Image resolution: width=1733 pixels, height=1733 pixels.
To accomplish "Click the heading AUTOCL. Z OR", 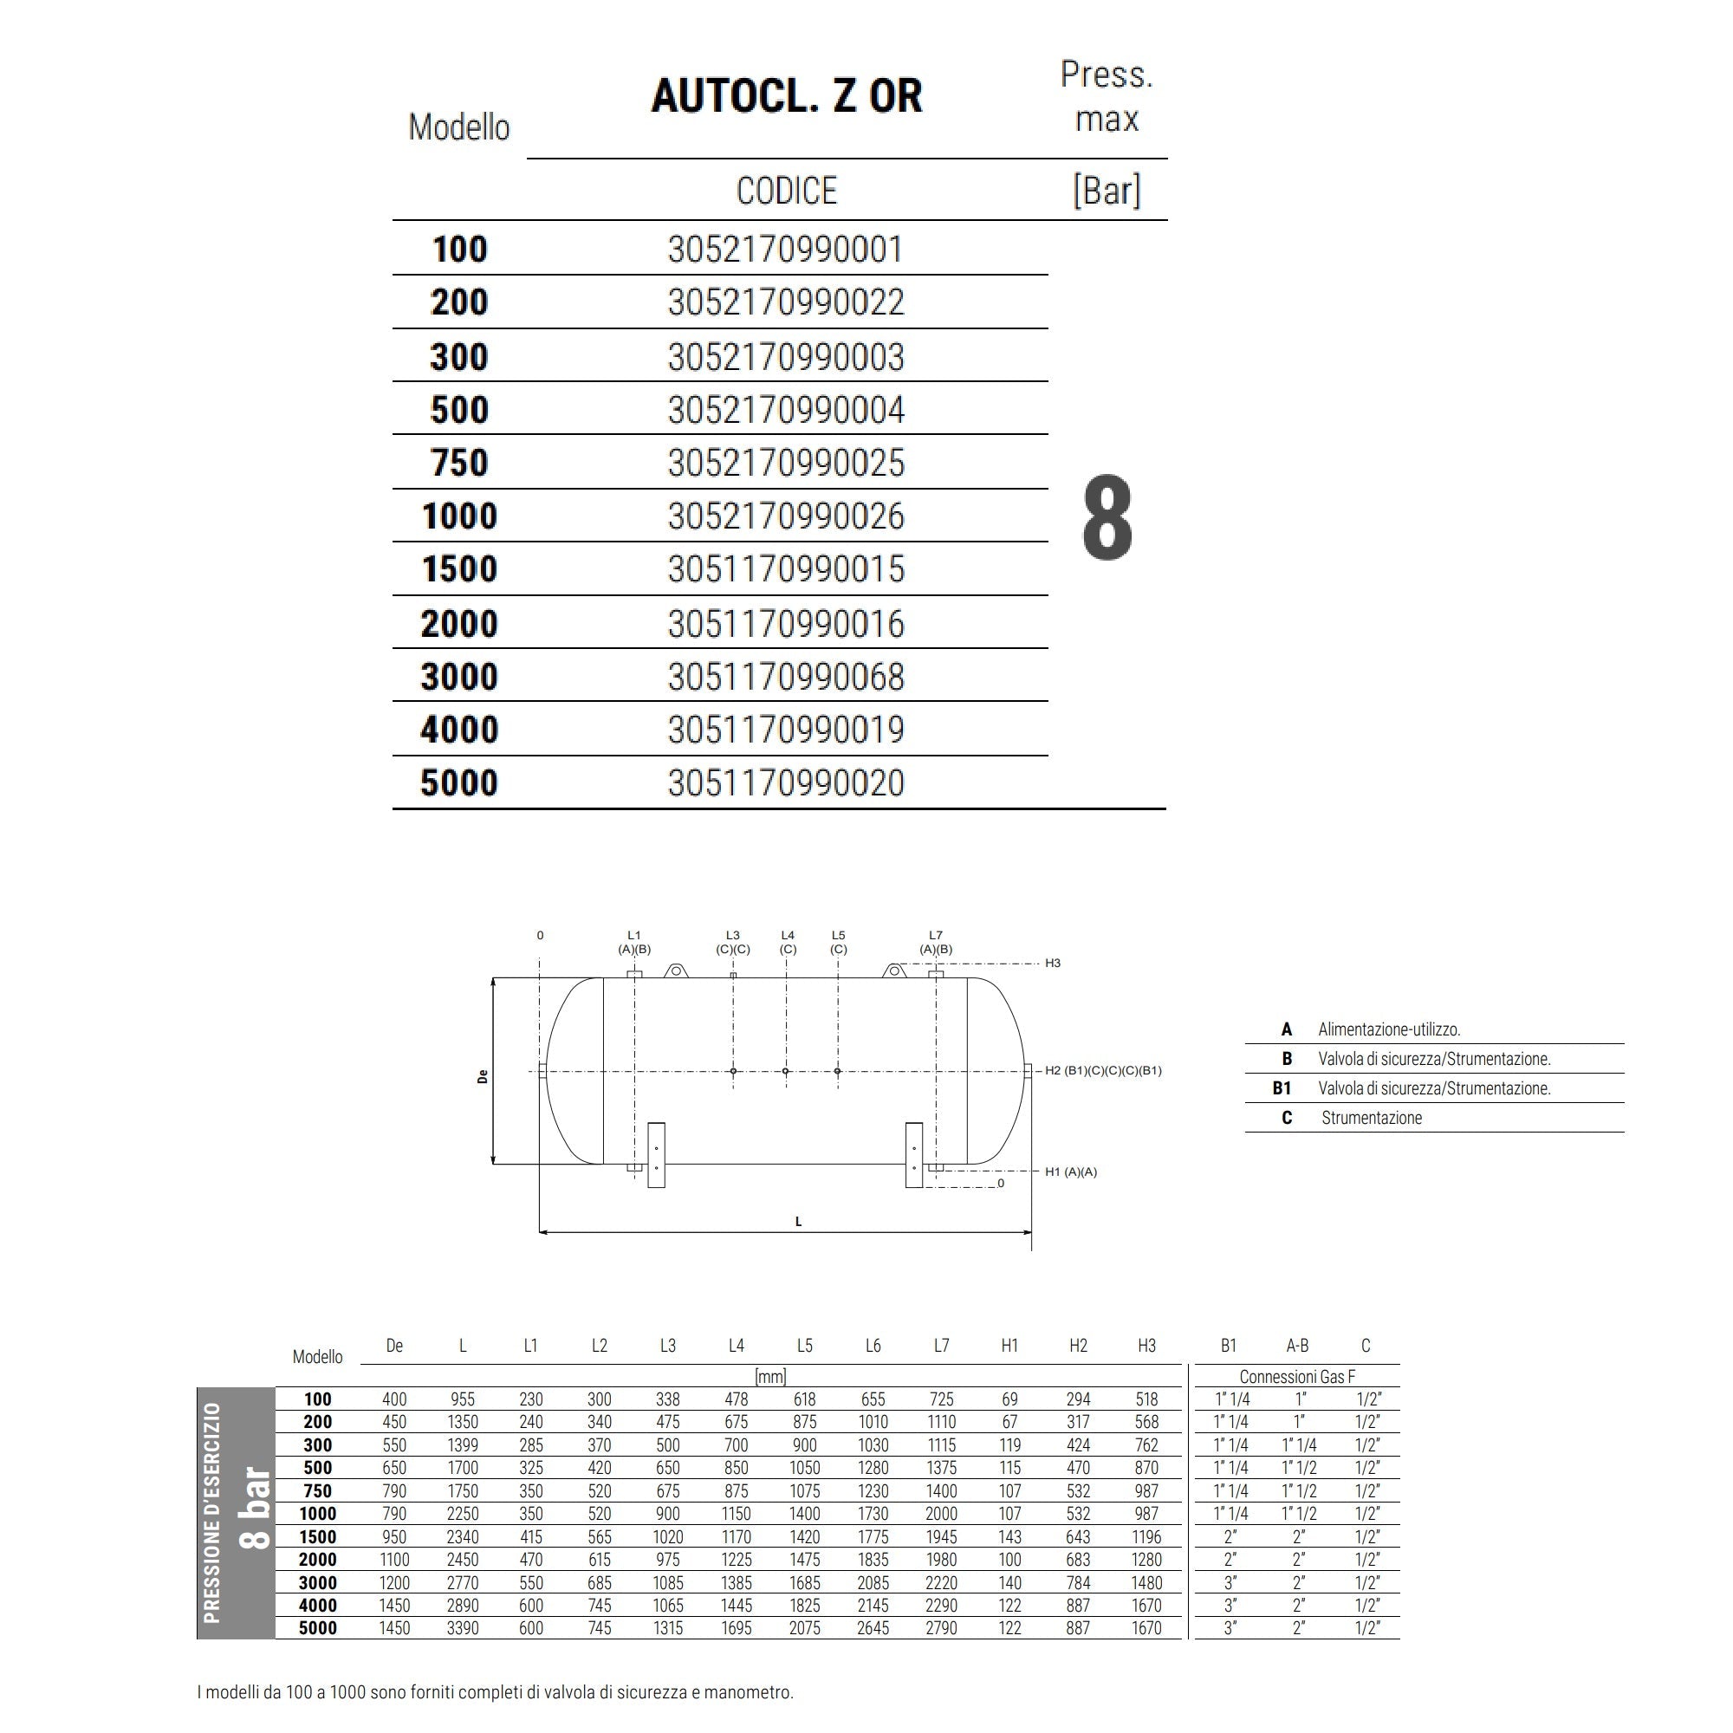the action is pyautogui.click(x=786, y=96).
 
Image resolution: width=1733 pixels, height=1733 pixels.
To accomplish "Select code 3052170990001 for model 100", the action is pyautogui.click(x=786, y=250).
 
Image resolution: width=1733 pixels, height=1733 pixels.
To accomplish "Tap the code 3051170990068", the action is pyautogui.click(x=786, y=677).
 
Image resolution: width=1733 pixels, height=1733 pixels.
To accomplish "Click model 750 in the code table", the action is pyautogui.click(x=459, y=463).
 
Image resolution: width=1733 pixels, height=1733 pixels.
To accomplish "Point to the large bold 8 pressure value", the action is pyautogui.click(x=1107, y=518).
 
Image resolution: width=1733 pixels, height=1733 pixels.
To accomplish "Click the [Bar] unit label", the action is pyautogui.click(x=1107, y=190).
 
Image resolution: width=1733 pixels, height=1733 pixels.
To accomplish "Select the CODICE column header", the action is pyautogui.click(x=786, y=191).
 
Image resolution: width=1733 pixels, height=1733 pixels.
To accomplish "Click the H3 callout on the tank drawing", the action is pyautogui.click(x=1052, y=964).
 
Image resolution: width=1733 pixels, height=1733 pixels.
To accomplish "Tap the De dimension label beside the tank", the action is pyautogui.click(x=484, y=1075).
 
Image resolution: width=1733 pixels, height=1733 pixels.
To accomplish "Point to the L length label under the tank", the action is pyautogui.click(x=798, y=1221).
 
